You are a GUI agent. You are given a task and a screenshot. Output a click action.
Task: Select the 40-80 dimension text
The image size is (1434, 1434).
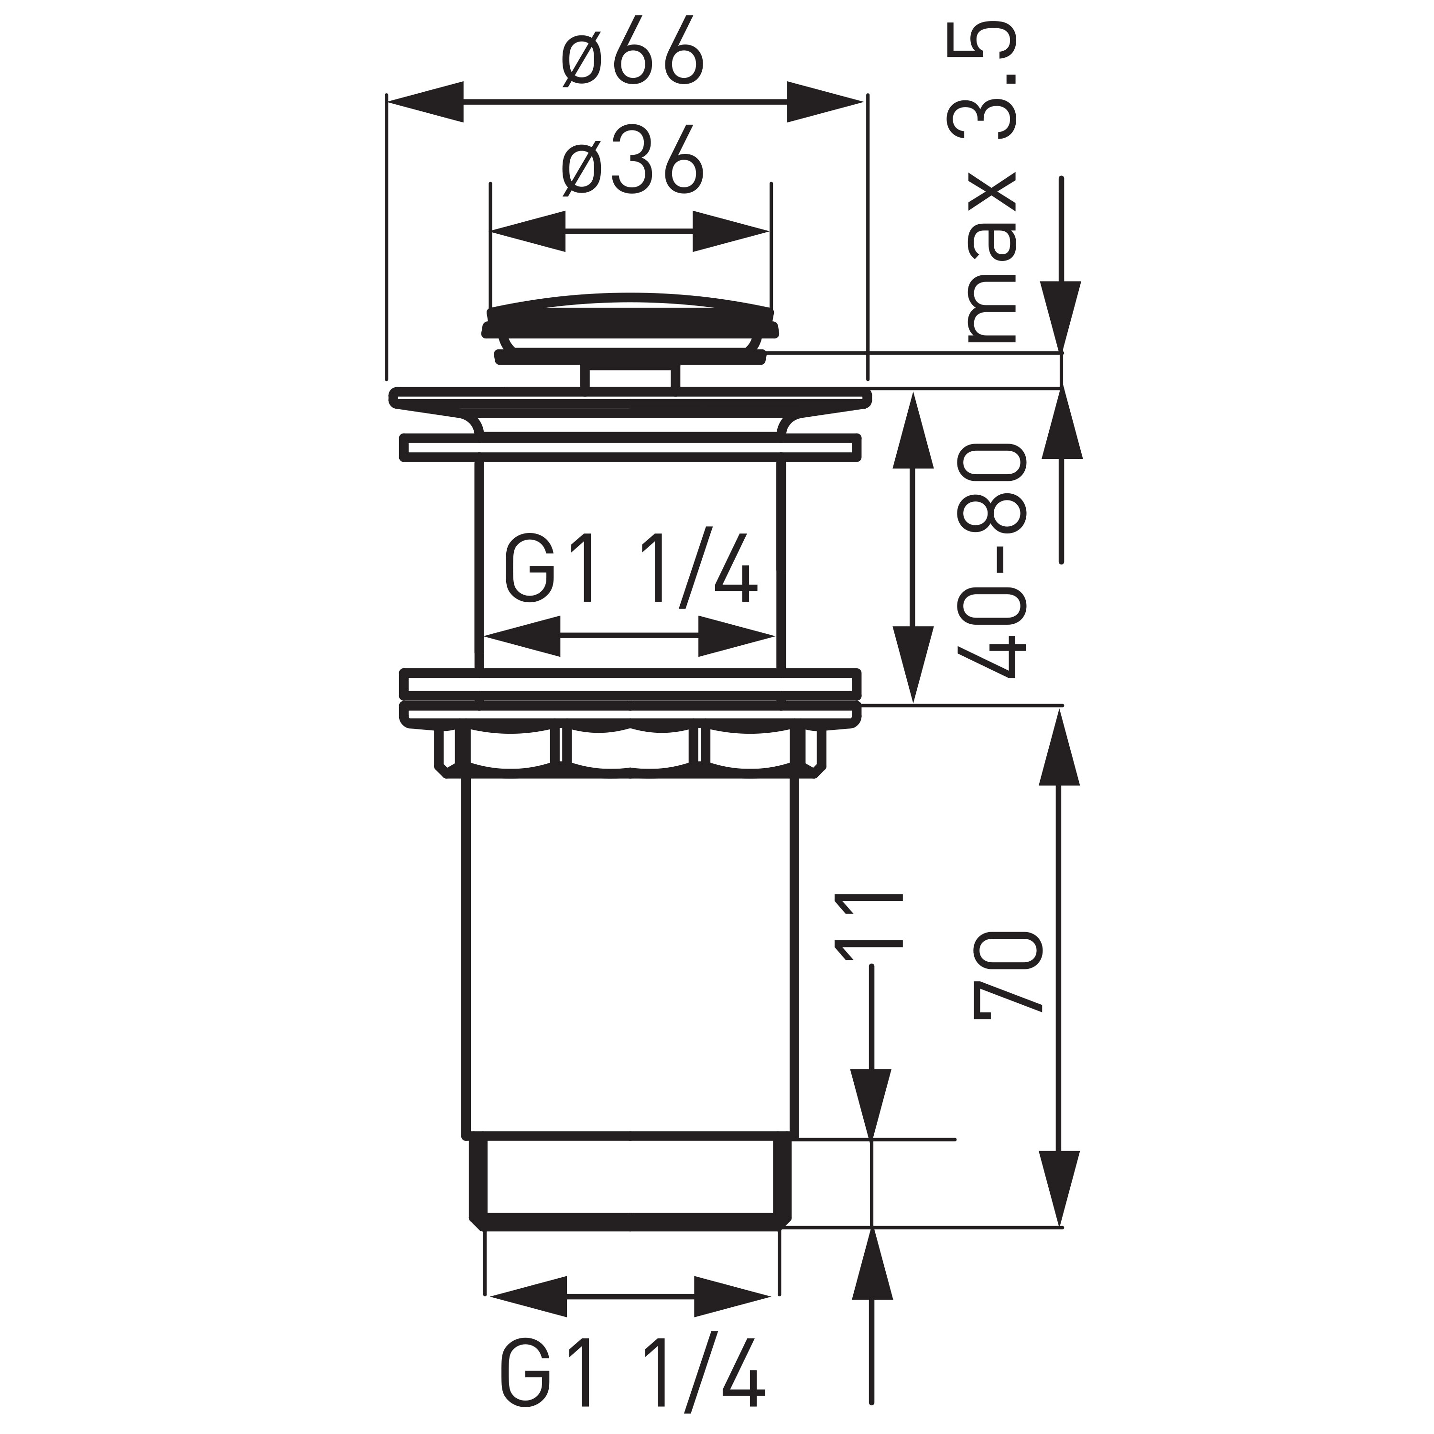coord(992,560)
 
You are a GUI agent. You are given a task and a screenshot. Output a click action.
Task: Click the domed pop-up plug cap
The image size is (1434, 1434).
coord(630,319)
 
